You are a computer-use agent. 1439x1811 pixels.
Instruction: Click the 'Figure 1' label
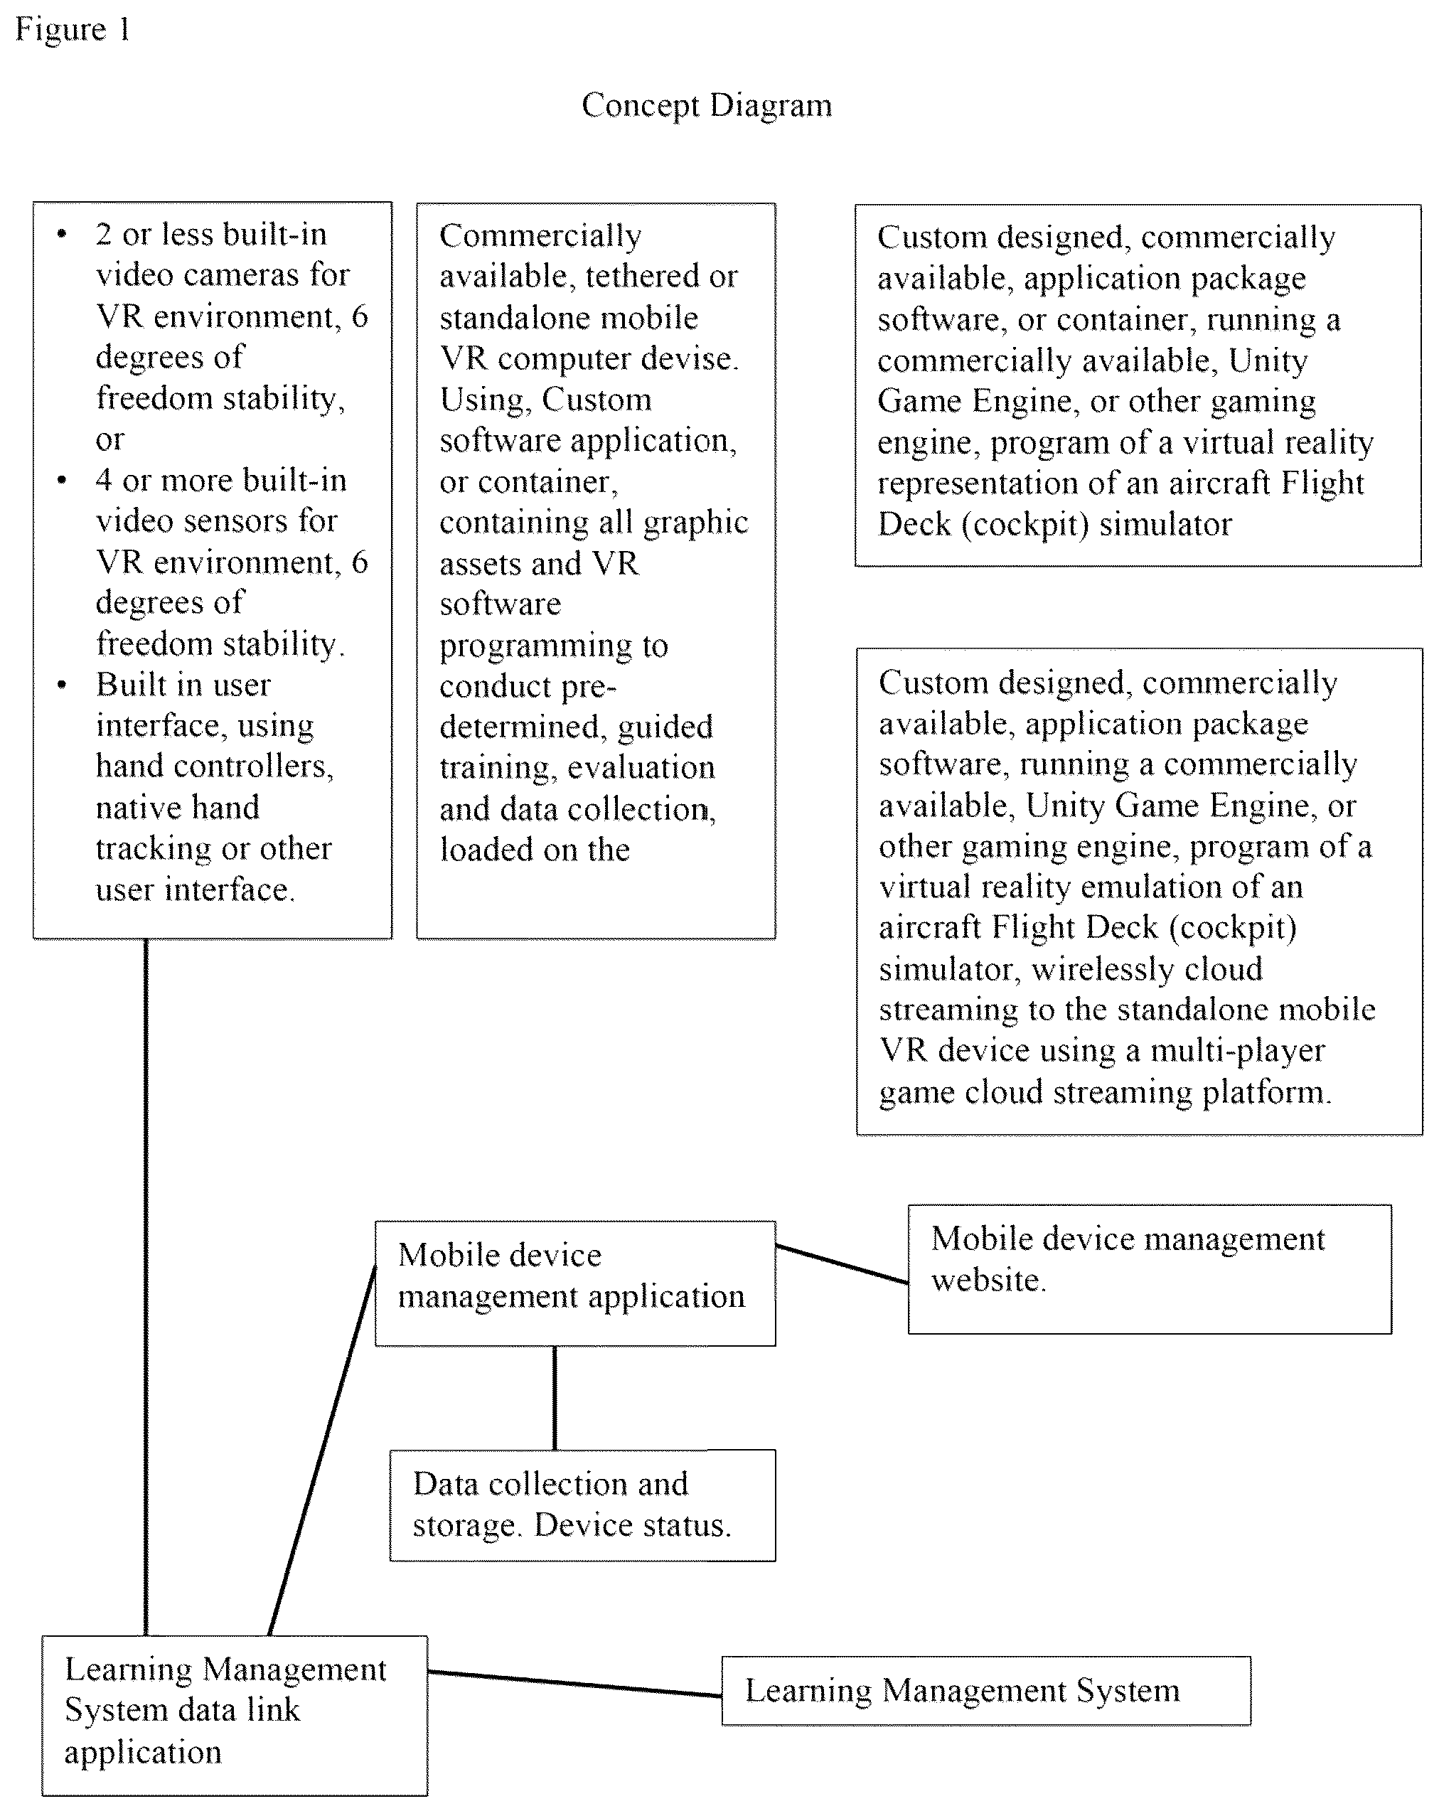pyautogui.click(x=73, y=29)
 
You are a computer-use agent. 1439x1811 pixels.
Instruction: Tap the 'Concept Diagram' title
pyautogui.click(x=707, y=106)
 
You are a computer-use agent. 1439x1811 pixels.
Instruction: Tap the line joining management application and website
pyautogui.click(x=842, y=1264)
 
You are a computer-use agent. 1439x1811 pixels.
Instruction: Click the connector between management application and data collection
pyautogui.click(x=555, y=1398)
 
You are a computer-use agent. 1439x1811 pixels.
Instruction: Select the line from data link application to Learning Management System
pyautogui.click(x=574, y=1683)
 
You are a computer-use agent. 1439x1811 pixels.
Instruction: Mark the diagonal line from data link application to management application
pyautogui.click(x=322, y=1451)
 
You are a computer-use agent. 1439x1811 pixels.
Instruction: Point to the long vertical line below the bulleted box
pyautogui.click(x=146, y=1287)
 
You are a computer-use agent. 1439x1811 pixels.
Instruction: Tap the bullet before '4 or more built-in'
pyautogui.click(x=62, y=481)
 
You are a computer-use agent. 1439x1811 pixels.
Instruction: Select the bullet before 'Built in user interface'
pyautogui.click(x=62, y=685)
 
